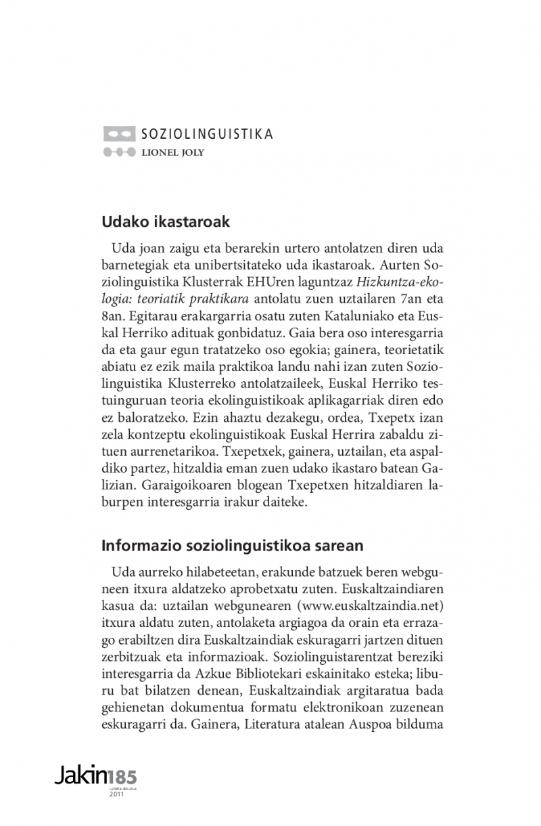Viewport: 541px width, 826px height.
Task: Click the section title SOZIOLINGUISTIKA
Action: tap(206, 133)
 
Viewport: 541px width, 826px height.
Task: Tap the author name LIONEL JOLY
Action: tap(172, 152)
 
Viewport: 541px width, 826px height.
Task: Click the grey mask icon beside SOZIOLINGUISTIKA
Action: tap(119, 133)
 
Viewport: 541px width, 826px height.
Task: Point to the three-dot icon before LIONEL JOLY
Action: tap(119, 152)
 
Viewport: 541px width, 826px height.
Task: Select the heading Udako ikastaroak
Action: tap(166, 221)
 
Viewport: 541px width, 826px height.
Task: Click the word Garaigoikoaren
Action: tap(174, 485)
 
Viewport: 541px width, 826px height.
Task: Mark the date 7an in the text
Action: tap(407, 299)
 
